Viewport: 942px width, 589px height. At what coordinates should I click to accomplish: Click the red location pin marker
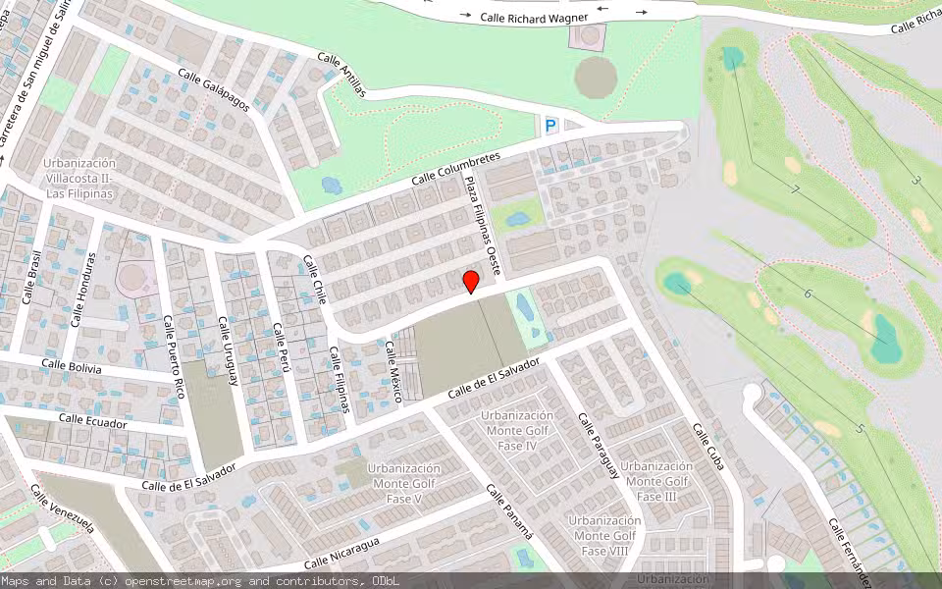(x=471, y=282)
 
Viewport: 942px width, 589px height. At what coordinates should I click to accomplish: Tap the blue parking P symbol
(x=550, y=125)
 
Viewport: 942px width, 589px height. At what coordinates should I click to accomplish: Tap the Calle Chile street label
(x=314, y=280)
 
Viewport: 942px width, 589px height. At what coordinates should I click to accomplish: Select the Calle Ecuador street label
(x=93, y=421)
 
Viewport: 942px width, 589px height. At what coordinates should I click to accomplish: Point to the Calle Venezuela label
(x=62, y=509)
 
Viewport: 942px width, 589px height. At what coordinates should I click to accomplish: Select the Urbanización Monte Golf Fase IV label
(x=517, y=430)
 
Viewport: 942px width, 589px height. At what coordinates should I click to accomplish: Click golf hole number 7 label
(x=795, y=189)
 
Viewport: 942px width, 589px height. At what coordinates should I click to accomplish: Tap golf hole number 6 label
(x=808, y=294)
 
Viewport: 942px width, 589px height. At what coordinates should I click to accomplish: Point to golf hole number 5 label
(x=859, y=428)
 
